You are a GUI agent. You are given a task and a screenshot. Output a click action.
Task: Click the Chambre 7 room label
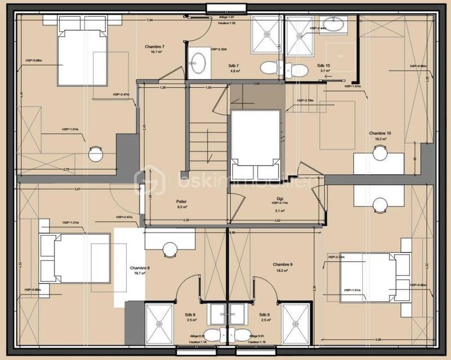pos(153,46)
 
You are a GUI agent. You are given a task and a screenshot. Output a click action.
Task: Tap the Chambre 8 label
pos(140,268)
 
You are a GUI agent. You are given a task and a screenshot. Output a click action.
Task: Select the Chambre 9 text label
pos(282,264)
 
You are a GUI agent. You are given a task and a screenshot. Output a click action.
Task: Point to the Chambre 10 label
pos(380,133)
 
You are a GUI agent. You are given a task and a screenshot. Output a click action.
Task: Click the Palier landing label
pos(181,201)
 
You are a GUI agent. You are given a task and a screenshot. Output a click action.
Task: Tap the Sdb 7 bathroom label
pos(235,65)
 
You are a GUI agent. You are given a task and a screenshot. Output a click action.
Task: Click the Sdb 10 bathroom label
pos(324,65)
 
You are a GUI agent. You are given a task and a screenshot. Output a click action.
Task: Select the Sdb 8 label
pos(190,314)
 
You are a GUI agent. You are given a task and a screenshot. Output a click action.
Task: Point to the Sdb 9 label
pos(264,314)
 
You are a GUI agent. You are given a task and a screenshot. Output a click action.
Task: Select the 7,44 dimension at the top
pos(150,20)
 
